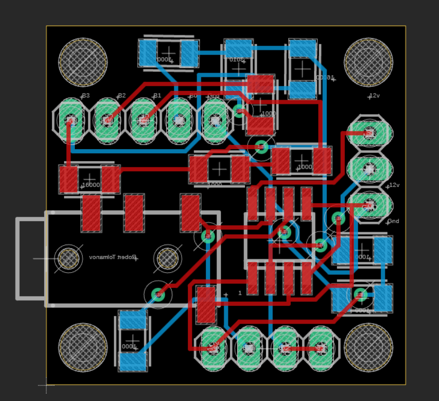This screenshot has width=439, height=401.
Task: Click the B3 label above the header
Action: tap(86, 96)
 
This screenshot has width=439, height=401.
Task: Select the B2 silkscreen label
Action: tap(122, 96)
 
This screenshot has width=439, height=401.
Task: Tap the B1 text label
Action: tap(157, 96)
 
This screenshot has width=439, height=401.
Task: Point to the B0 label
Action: tap(193, 96)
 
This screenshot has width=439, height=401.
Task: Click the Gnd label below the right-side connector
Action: tap(393, 221)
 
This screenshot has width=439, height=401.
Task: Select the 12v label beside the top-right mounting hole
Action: tap(374, 96)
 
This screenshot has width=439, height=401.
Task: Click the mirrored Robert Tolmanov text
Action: tap(113, 257)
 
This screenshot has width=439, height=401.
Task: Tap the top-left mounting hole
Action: tap(83, 62)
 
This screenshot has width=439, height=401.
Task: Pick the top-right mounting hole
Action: tap(368, 62)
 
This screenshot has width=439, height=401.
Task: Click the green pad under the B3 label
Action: tap(71, 121)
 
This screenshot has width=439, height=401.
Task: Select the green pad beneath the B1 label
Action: tap(143, 121)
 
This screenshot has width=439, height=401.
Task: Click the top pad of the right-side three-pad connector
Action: tap(369, 133)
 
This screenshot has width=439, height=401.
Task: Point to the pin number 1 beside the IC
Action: tap(240, 293)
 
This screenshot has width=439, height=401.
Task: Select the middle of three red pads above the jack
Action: tap(134, 212)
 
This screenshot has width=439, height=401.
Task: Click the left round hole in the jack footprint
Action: tap(68, 258)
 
